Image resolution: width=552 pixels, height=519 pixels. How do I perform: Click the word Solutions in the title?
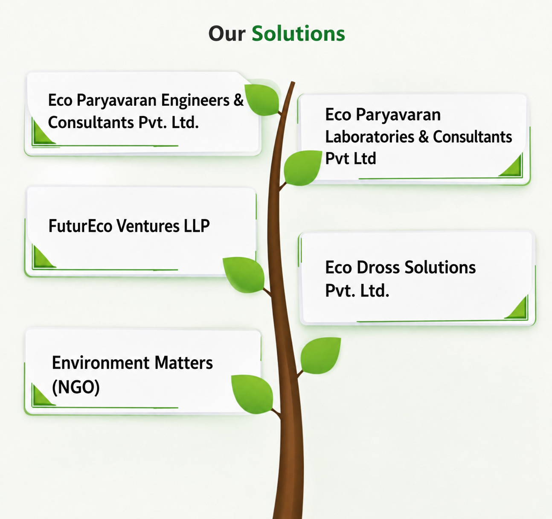coord(298,34)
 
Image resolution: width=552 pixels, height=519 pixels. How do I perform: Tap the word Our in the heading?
coord(227,34)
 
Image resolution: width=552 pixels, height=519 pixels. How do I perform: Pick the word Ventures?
coord(148,226)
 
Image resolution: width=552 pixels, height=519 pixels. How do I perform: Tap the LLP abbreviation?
coord(197,226)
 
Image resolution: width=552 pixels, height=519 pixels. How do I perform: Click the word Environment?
coord(101,363)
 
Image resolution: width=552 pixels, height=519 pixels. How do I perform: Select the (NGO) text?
coord(76,387)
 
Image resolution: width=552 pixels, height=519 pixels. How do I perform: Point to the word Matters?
coord(183,363)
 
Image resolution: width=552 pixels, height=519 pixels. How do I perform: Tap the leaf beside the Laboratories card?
coord(302,168)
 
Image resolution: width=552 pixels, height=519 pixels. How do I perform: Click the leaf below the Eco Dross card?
coord(320,356)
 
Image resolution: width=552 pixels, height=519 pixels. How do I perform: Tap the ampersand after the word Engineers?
coord(238,100)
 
